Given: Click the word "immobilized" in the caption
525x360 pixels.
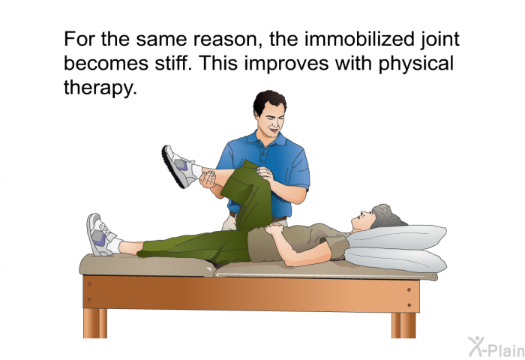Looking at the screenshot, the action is [359, 39].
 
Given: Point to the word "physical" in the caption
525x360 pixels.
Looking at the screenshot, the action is [416, 64].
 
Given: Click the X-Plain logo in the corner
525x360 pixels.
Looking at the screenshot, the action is [496, 346].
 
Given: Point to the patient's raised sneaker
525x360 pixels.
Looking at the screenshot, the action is [178, 166].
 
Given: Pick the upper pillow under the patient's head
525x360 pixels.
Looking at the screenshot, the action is [397, 237].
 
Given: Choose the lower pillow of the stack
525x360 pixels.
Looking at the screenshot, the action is [396, 259].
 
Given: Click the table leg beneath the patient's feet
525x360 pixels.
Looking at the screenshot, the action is [95, 322].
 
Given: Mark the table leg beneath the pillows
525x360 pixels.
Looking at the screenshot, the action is [403, 325].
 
